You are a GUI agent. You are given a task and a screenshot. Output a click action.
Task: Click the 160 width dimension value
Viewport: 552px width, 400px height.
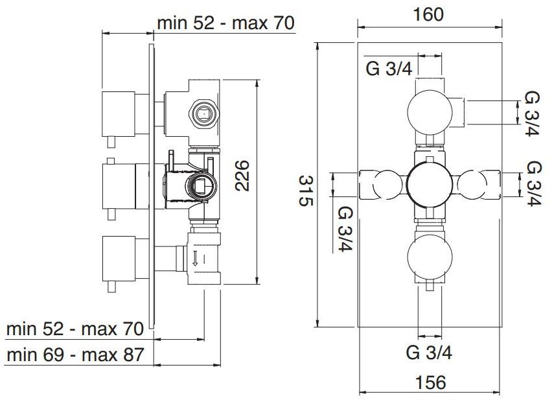point(428,14)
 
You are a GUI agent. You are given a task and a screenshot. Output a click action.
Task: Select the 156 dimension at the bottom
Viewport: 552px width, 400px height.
point(431,382)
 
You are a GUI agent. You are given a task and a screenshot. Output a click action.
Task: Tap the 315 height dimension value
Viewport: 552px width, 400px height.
point(306,191)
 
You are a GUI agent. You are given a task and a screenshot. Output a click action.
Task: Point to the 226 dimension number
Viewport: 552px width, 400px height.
point(242,176)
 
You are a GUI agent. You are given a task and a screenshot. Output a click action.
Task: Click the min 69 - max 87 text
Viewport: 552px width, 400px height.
point(75,355)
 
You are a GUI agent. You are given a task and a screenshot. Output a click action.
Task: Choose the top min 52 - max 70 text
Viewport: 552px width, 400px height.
point(225,23)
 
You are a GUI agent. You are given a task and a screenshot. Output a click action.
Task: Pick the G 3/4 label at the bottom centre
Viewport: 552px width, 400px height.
point(429,352)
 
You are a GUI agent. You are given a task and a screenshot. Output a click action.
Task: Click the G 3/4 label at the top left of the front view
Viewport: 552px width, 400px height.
point(389,68)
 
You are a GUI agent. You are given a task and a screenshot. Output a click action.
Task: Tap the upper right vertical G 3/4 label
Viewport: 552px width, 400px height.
point(531,113)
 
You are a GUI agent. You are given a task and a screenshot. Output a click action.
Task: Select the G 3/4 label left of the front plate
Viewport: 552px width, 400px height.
point(345,229)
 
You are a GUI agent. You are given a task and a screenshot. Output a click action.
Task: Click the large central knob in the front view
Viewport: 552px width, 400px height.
point(429,185)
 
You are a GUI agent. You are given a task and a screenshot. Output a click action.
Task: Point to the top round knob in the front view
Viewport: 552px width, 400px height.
point(430,112)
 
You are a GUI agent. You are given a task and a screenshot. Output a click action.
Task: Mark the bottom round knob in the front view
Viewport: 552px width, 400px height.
point(430,257)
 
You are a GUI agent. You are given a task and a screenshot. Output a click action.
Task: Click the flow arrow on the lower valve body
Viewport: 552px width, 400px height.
point(194,258)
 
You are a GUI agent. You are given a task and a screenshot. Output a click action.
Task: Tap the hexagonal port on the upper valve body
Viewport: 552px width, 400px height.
point(204,114)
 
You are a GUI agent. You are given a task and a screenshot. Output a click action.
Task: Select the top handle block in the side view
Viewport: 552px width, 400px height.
point(119,114)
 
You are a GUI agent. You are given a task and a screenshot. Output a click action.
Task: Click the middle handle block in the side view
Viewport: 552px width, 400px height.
point(119,186)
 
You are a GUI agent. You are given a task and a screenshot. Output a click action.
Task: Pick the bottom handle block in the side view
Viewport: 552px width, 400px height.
point(119,259)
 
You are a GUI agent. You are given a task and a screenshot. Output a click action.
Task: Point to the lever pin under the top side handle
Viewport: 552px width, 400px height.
point(111,142)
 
